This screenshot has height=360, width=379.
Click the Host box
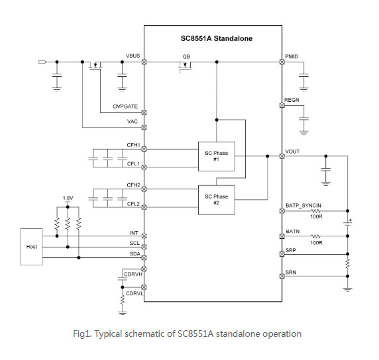pyautogui.click(x=32, y=247)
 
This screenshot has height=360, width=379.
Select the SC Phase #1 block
pyautogui.click(x=216, y=156)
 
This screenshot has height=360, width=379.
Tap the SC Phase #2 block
pyautogui.click(x=216, y=200)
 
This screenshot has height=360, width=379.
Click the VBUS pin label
pyautogui.click(x=133, y=56)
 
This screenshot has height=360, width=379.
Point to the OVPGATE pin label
pyautogui.click(x=125, y=107)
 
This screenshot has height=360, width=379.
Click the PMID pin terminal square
pyautogui.click(x=282, y=62)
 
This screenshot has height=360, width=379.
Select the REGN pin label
pyautogui.click(x=292, y=100)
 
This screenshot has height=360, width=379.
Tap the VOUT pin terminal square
pyautogui.click(x=282, y=156)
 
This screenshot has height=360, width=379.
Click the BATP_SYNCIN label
pyautogui.click(x=303, y=205)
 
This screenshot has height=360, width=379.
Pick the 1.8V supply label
pyautogui.click(x=68, y=198)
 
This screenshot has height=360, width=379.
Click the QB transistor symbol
pyautogui.click(x=185, y=66)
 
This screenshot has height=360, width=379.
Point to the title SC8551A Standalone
pyautogui.click(x=217, y=38)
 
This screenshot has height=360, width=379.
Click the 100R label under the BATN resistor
pyautogui.click(x=316, y=242)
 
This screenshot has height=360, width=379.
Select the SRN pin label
pyautogui.click(x=291, y=273)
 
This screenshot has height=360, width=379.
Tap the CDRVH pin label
pyautogui.click(x=133, y=274)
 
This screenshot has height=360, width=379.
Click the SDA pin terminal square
pyautogui.click(x=144, y=258)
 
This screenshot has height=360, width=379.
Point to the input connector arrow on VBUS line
pyautogui.click(x=42, y=62)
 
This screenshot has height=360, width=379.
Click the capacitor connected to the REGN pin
pyautogui.click(x=303, y=119)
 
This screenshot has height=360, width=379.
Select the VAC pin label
pyautogui.click(x=133, y=122)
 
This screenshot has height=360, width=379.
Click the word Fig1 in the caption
pyautogui.click(x=82, y=334)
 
